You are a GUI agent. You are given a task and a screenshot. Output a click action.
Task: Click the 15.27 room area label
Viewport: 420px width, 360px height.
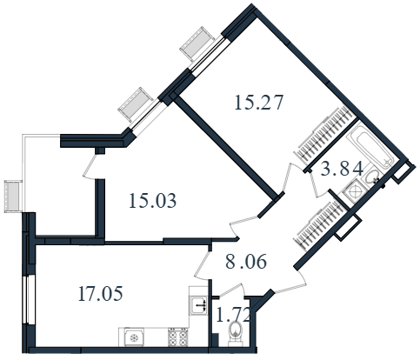(258, 103)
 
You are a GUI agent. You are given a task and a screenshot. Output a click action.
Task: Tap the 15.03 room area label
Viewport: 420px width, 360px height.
(152, 201)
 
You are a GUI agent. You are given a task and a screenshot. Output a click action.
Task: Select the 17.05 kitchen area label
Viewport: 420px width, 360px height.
(100, 293)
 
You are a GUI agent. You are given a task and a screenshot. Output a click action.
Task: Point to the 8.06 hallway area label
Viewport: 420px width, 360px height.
(246, 262)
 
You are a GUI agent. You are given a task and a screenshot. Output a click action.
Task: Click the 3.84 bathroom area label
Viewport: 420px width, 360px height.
(342, 169)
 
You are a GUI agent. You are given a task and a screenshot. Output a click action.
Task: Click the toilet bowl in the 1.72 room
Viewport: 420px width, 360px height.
(237, 334)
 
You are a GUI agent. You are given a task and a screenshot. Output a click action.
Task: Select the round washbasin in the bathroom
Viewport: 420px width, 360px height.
(372, 177)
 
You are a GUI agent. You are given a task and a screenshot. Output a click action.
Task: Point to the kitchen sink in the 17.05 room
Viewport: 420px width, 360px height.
(199, 305)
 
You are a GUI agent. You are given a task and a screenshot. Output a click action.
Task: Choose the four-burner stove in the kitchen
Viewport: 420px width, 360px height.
(178, 337)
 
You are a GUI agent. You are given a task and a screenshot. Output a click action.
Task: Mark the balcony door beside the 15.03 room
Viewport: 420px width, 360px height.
(90, 166)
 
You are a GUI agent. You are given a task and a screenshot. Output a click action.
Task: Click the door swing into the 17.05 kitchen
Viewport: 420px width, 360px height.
(203, 264)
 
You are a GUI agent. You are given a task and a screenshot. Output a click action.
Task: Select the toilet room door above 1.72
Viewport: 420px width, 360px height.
(231, 291)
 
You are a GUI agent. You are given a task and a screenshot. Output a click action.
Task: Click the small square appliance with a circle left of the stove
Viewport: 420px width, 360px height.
(134, 337)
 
